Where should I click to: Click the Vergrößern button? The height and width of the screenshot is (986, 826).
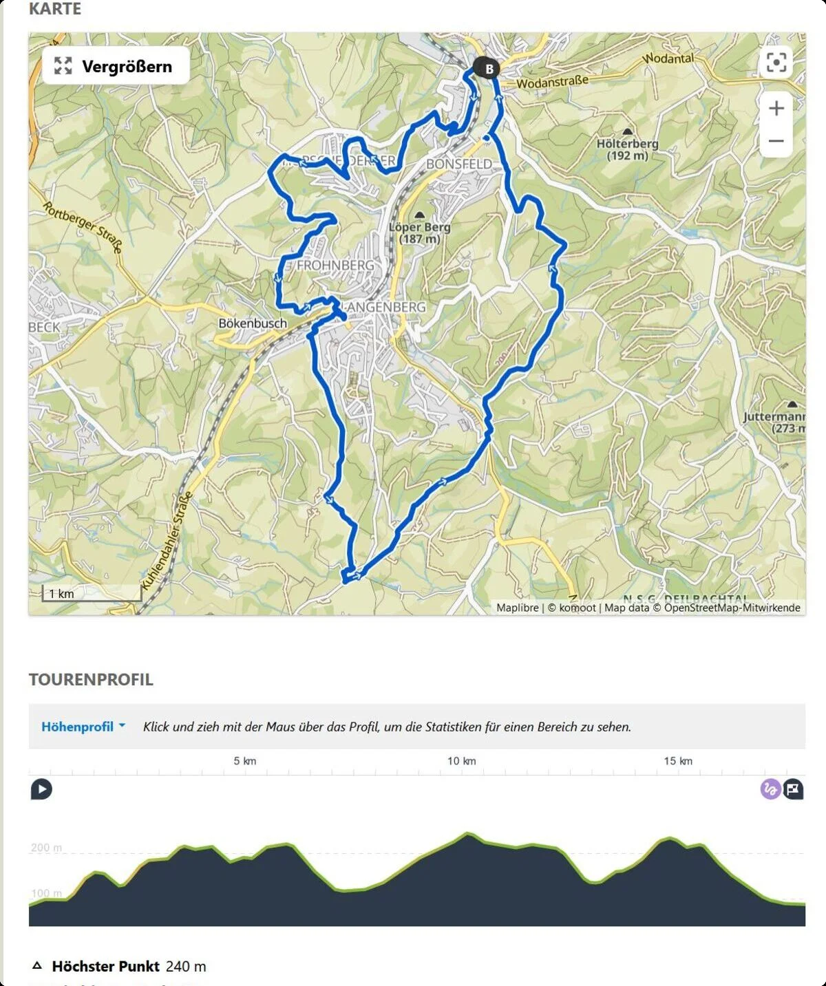(x=115, y=66)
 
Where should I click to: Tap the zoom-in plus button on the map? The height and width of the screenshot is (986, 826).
(x=776, y=109)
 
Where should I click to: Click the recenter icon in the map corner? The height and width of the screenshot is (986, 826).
(x=776, y=63)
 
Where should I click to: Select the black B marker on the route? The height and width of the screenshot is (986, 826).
(x=488, y=69)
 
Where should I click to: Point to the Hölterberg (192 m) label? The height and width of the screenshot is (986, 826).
(x=627, y=149)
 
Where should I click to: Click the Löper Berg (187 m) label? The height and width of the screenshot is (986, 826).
(x=419, y=232)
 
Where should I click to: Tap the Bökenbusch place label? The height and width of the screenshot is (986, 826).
(x=252, y=323)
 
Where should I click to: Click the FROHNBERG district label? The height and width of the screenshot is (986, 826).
(x=336, y=265)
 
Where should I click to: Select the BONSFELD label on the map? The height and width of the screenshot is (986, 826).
(x=459, y=164)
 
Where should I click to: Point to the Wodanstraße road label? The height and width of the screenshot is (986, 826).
(x=552, y=82)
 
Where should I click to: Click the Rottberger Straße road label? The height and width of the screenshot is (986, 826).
(x=83, y=227)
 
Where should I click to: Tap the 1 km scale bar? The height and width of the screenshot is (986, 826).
(x=91, y=594)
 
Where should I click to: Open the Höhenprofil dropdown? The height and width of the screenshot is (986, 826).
(x=83, y=727)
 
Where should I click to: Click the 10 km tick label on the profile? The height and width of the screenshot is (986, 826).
(x=461, y=761)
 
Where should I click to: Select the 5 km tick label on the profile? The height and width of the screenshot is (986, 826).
(x=244, y=761)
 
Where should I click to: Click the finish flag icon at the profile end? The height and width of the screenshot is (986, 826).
(x=793, y=789)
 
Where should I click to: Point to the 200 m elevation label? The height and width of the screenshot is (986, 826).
(x=46, y=848)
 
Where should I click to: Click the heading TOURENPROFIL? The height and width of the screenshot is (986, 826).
(x=91, y=679)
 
